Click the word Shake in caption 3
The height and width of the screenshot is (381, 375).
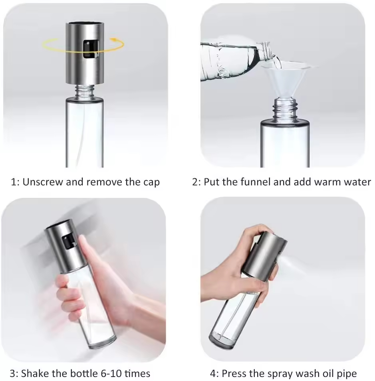tap(33, 373)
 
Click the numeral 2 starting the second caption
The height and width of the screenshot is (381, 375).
tap(195, 182)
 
